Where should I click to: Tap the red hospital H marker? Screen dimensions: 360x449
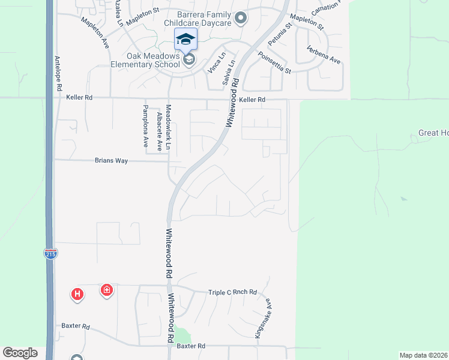click(77, 294)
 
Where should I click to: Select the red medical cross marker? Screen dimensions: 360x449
click(107, 290)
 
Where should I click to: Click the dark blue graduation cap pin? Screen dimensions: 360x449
click(185, 40)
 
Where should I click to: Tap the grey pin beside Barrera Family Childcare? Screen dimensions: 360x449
click(241, 18)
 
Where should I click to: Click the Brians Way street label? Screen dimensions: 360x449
click(111, 161)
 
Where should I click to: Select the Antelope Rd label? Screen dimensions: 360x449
click(59, 73)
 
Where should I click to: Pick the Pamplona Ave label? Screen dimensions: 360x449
click(145, 126)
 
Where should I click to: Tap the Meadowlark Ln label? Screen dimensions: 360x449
click(169, 126)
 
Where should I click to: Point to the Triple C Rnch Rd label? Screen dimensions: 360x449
click(232, 292)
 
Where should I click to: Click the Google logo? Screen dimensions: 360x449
click(20, 353)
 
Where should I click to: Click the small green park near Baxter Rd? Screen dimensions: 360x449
click(182, 336)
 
